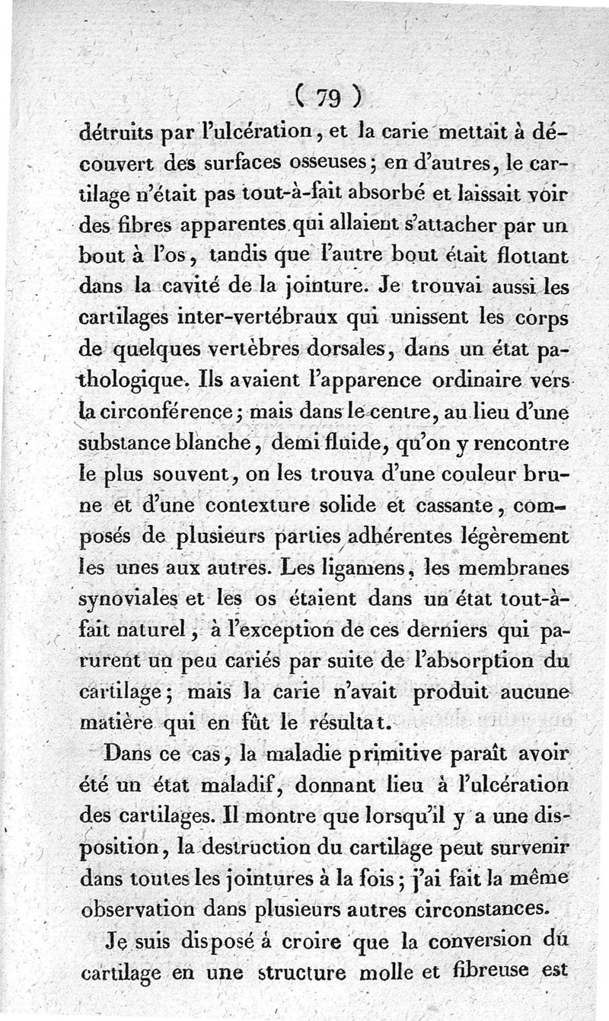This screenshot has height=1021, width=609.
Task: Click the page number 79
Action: click(x=329, y=97)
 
